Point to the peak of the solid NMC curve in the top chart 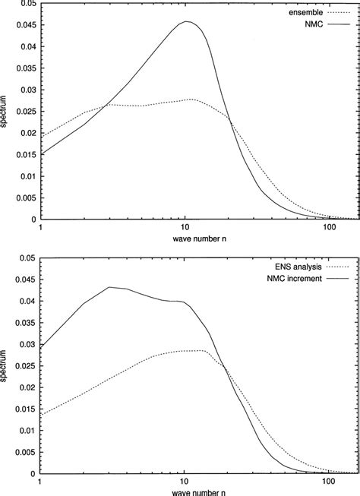coord(186,22)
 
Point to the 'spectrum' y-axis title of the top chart coord(6,112)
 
